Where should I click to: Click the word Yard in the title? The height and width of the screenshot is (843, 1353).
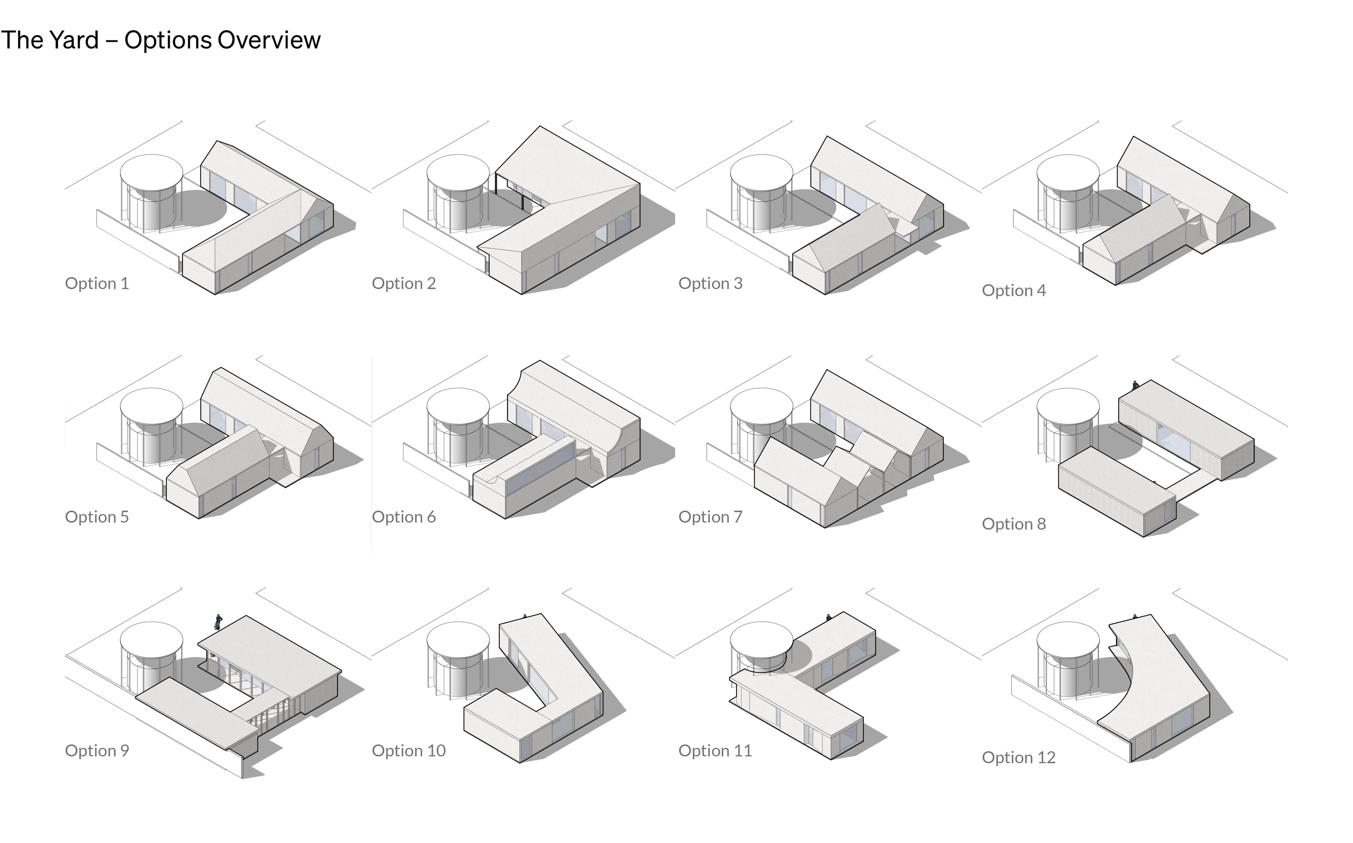pos(74,40)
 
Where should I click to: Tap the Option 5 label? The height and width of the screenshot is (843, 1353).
pos(97,517)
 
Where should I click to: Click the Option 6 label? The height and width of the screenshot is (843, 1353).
pos(404,517)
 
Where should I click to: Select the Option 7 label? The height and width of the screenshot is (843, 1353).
pos(710,517)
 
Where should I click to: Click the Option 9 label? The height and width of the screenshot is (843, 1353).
pos(97,750)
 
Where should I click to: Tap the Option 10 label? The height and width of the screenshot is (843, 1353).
pos(409,750)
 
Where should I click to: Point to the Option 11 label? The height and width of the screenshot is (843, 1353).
pos(715,750)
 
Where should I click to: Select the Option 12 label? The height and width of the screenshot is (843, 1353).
pos(1019,758)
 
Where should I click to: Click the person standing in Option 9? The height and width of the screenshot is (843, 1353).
pos(218,622)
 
